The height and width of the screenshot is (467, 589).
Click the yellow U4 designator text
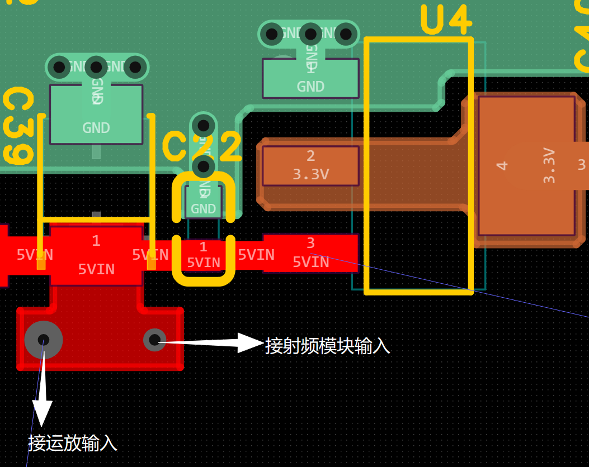click(446, 21)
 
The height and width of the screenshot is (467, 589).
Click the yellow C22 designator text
click(202, 147)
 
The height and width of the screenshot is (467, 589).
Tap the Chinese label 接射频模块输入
click(327, 346)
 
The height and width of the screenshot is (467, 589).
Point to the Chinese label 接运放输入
click(73, 444)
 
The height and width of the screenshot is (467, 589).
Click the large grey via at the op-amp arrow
click(44, 340)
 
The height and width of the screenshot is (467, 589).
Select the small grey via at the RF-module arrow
click(154, 339)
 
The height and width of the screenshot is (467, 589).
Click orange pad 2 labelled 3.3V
click(310, 166)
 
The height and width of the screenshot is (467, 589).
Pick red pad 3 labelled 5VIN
click(310, 253)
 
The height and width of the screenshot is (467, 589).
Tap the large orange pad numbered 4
click(526, 165)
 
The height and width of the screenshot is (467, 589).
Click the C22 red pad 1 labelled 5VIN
click(203, 255)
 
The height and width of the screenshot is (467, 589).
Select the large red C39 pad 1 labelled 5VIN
click(96, 256)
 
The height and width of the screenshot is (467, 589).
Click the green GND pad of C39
click(96, 115)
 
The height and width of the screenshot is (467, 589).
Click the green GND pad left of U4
click(310, 78)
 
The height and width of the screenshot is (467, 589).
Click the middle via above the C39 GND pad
click(96, 68)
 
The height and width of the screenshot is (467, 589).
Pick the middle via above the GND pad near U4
click(310, 34)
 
